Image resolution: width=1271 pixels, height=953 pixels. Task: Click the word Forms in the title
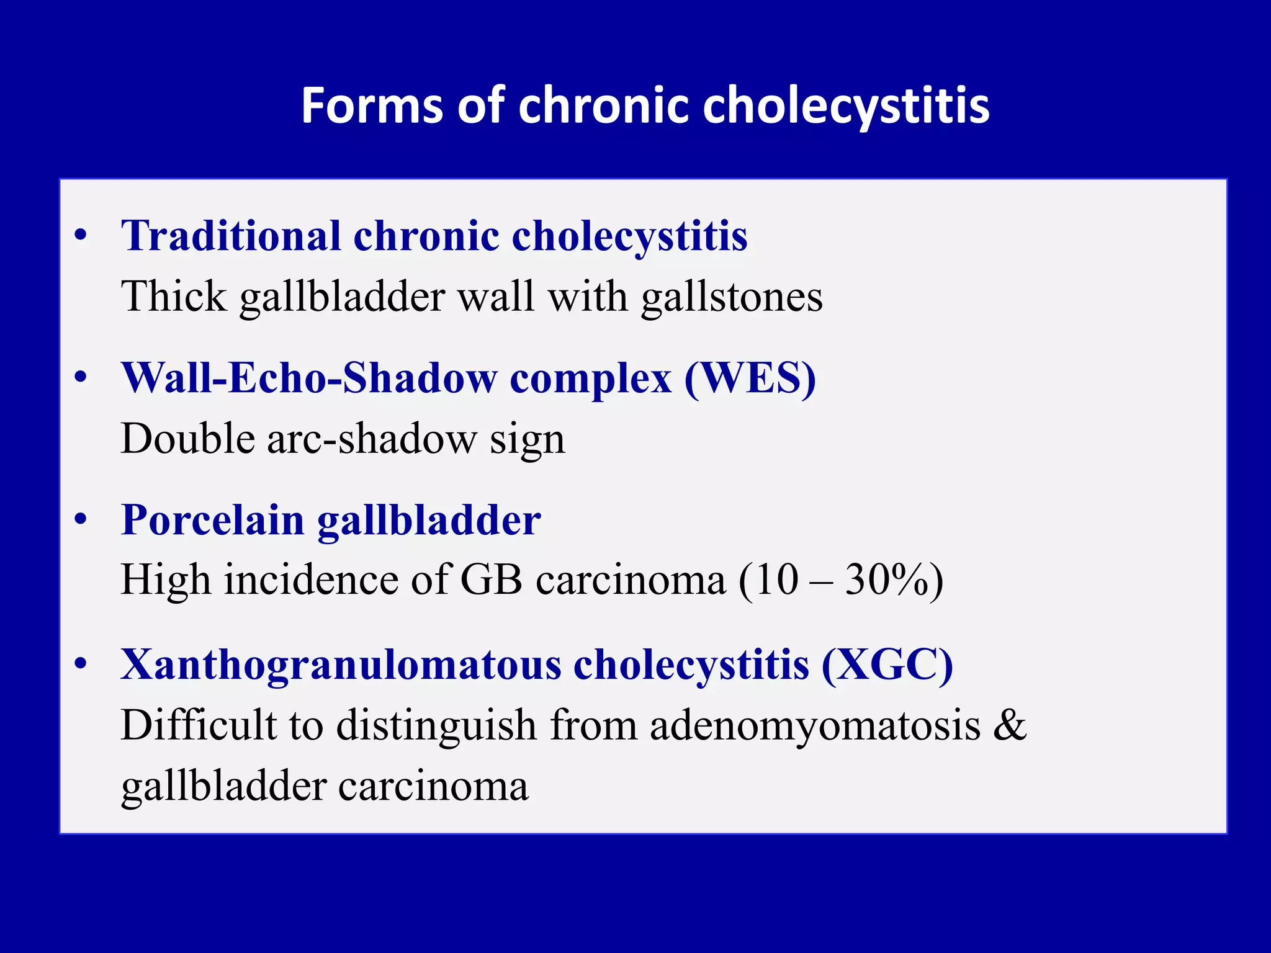click(371, 105)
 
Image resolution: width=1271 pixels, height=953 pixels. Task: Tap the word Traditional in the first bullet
click(231, 236)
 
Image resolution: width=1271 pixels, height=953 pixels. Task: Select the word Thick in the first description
click(174, 297)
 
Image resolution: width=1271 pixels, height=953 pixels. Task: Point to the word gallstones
click(732, 297)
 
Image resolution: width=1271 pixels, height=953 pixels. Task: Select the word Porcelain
click(212, 520)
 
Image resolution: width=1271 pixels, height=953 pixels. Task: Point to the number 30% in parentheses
click(884, 580)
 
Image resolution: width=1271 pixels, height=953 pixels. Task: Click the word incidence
click(310, 580)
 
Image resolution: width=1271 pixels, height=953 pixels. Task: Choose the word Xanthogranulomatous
click(340, 665)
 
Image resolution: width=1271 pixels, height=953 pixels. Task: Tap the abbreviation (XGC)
click(887, 665)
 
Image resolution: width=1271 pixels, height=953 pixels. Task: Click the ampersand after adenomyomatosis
click(1010, 725)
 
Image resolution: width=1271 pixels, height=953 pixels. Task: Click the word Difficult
click(197, 725)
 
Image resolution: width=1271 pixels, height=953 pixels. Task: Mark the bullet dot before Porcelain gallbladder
click(81, 521)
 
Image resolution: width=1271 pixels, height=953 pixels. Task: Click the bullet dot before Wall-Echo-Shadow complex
click(81, 378)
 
